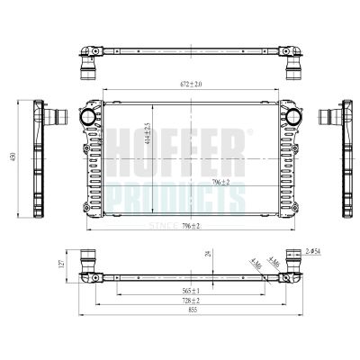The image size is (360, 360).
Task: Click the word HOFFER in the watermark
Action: coord(180,142)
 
